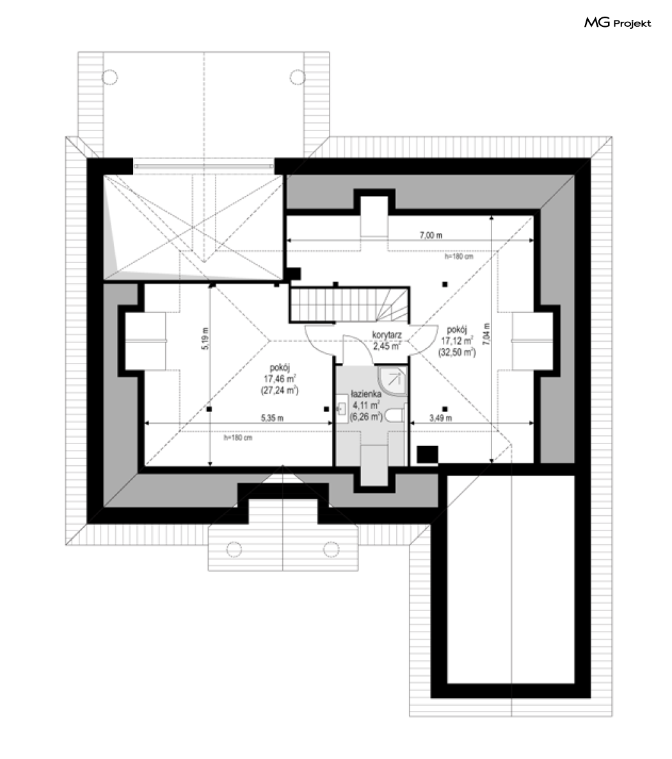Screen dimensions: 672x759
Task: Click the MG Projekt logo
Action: coord(618,23)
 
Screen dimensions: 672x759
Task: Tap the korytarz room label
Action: coord(387,335)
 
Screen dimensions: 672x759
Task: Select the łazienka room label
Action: coord(367,394)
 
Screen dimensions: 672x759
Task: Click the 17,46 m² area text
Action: coord(280,379)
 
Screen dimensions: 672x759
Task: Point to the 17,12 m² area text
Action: coord(457,341)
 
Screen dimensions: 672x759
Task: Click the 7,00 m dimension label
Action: coord(431,236)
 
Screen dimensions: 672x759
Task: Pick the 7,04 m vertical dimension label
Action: coord(486,334)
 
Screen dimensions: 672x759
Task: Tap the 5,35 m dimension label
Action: coord(272,418)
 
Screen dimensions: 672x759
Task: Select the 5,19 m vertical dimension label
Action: coord(205,339)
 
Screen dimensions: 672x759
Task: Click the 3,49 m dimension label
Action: coord(440,418)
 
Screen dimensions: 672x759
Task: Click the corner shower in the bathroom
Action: coord(392,382)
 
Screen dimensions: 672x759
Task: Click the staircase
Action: coord(349,305)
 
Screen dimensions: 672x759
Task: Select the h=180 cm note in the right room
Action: coord(459,257)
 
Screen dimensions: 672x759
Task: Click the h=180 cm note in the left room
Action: coord(237,438)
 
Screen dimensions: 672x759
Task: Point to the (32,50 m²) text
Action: coord(457,353)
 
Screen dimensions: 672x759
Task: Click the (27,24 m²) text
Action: coord(280,390)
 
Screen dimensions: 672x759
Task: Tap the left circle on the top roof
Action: coord(110,77)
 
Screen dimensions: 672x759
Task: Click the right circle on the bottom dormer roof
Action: coord(331,549)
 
